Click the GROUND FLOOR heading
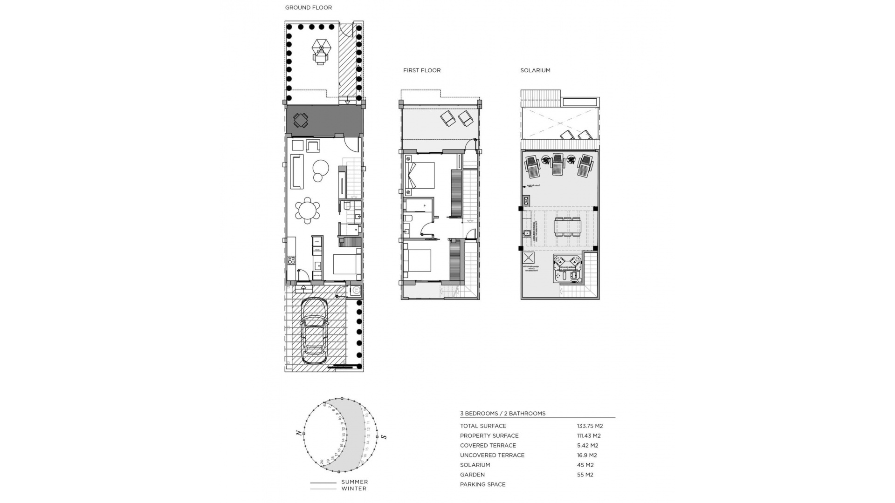point(308,7)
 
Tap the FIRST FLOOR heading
point(421,70)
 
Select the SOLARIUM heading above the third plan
point(535,70)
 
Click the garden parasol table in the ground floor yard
point(321,52)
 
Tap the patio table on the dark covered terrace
point(300,121)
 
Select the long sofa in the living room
point(297,171)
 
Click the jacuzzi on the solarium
point(567,268)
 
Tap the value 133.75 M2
point(590,426)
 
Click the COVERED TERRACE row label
point(488,445)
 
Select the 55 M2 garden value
point(585,475)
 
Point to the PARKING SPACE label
point(482,484)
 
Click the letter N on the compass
point(298,433)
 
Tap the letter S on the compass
point(384,436)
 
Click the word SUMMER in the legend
point(354,482)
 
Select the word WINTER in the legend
point(354,489)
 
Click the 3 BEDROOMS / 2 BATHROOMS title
point(503,413)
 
